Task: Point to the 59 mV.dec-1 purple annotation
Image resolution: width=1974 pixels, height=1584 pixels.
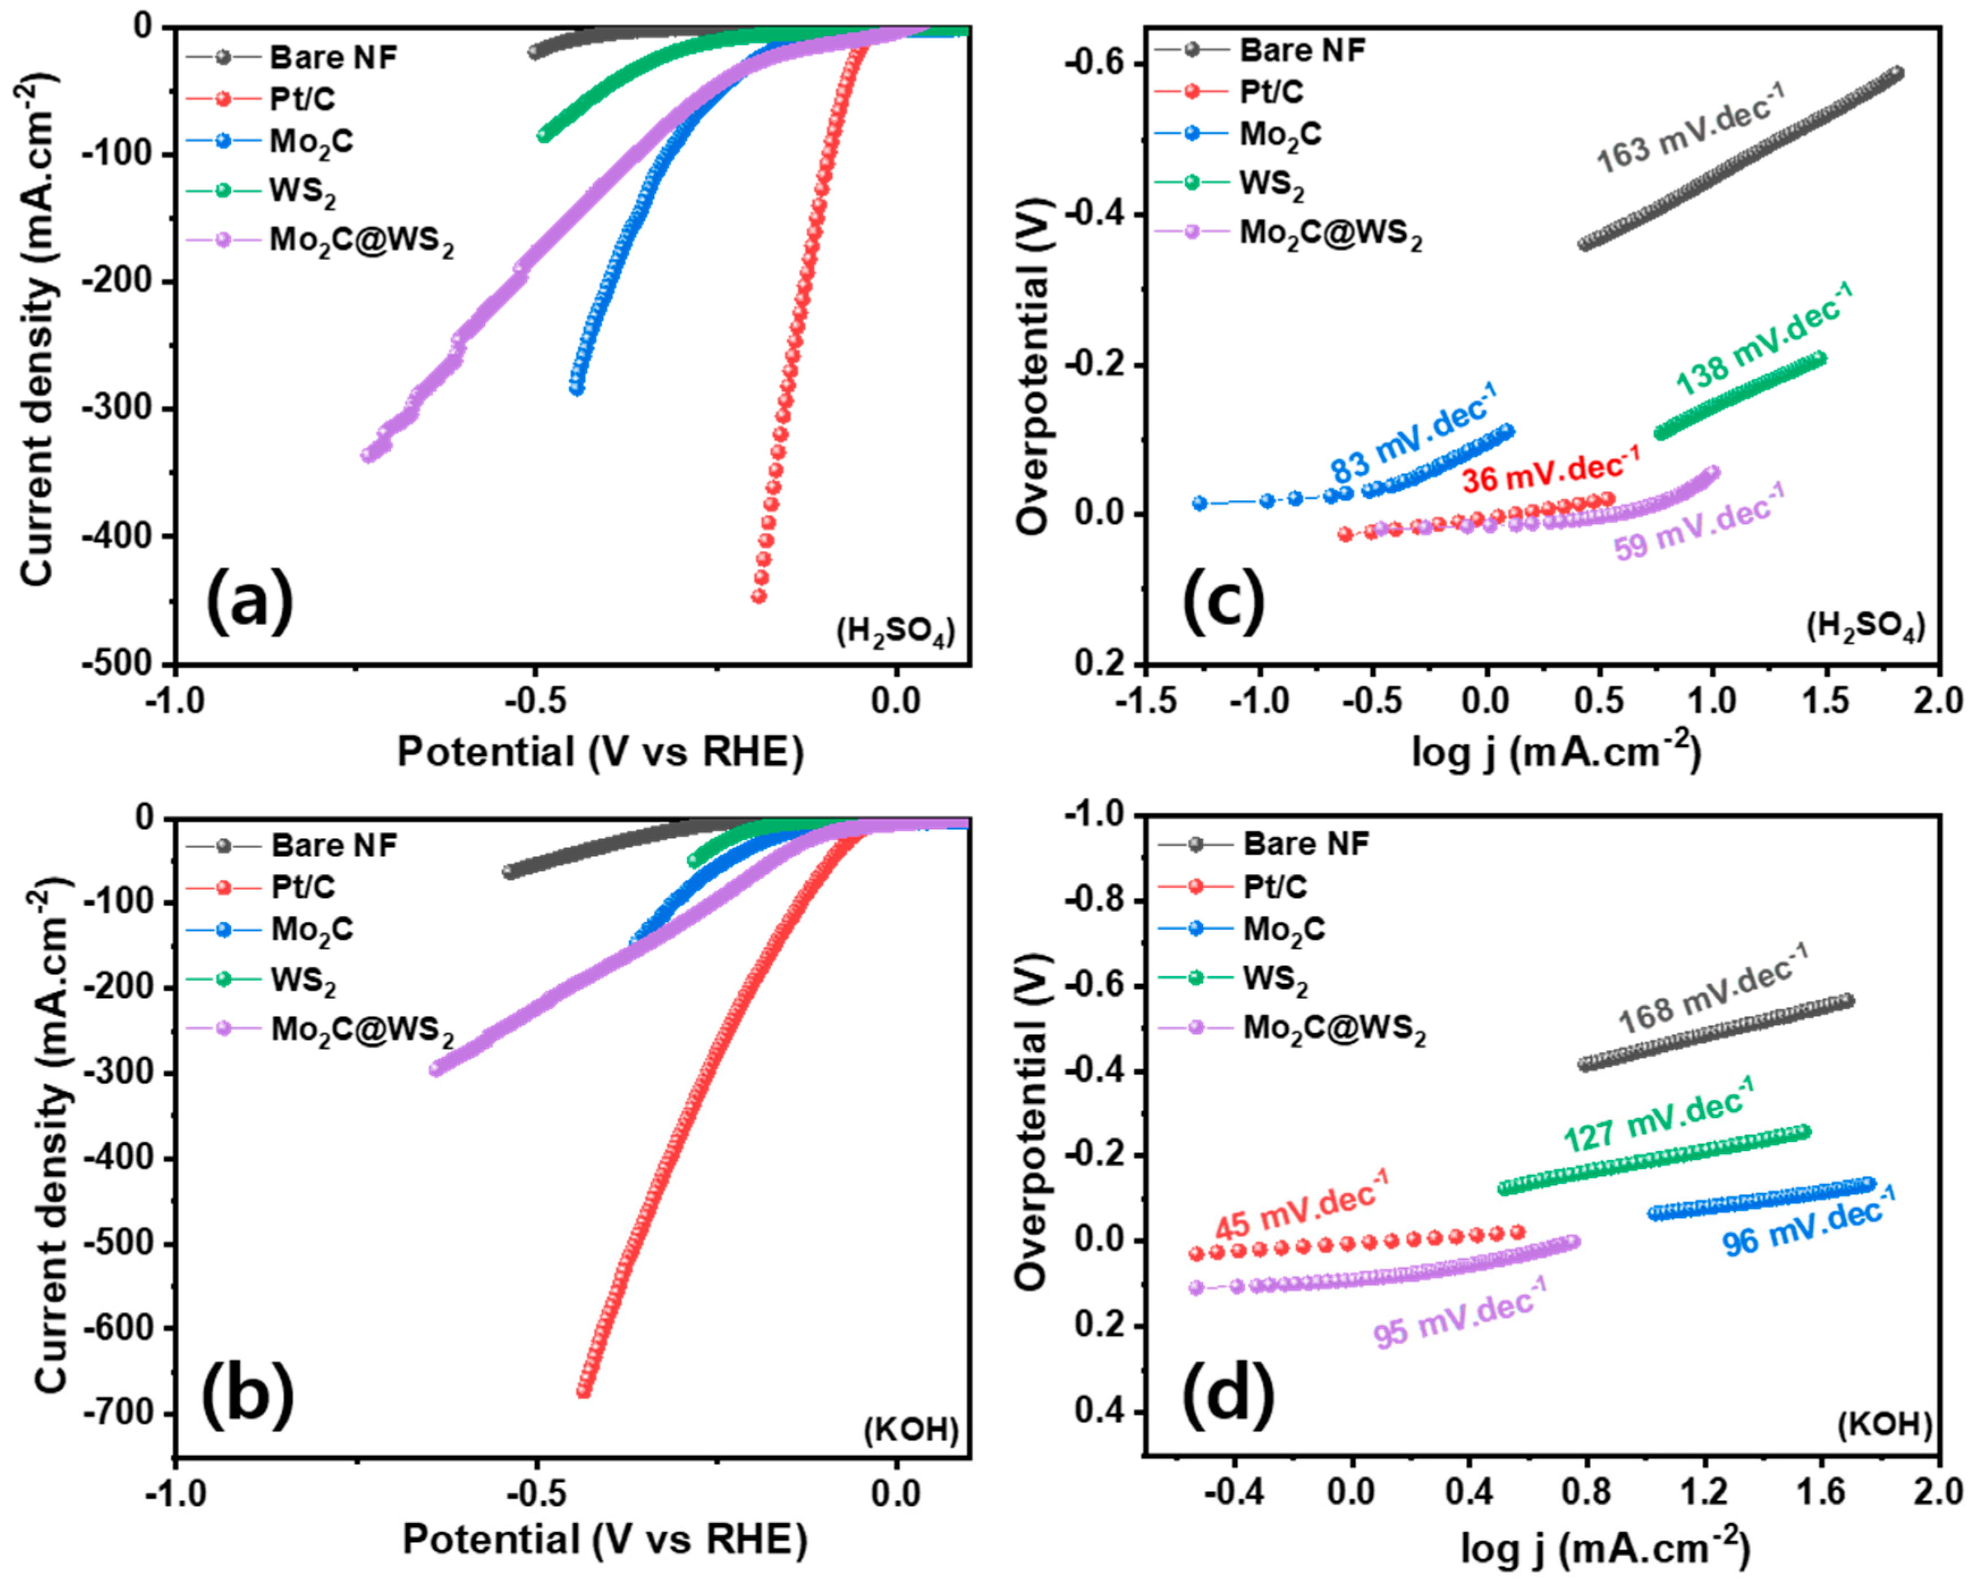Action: point(1698,522)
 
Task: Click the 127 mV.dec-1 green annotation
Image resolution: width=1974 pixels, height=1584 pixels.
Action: point(1657,1115)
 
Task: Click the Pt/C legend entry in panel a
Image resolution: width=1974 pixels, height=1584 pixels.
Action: point(302,99)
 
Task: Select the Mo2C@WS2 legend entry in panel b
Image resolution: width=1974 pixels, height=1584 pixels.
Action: point(362,1030)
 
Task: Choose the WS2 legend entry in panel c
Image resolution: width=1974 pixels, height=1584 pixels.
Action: point(1272,183)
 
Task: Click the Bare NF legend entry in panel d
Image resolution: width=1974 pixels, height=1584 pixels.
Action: point(1305,843)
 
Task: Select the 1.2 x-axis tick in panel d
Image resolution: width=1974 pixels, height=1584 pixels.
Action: point(1704,1490)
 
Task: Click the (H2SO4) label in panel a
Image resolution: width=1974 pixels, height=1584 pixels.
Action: point(895,632)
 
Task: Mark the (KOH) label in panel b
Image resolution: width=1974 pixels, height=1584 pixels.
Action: point(911,1429)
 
